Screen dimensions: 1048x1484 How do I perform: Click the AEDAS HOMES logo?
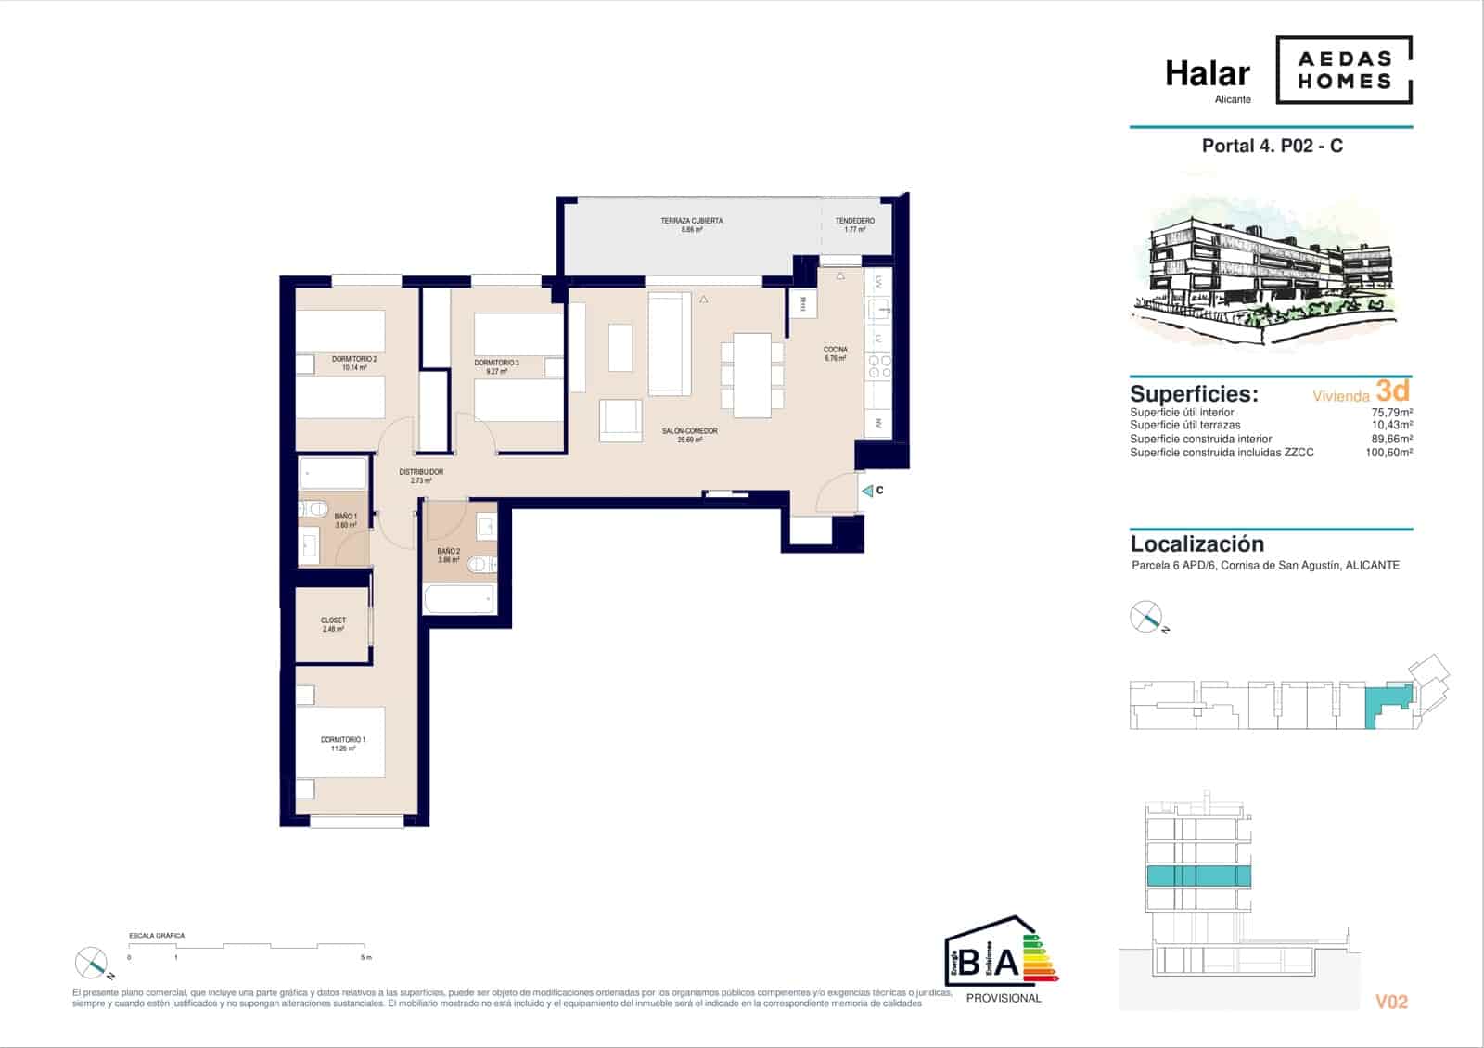(1344, 70)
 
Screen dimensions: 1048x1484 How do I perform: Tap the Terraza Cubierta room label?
(691, 224)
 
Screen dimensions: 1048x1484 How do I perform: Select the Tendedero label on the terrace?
(854, 224)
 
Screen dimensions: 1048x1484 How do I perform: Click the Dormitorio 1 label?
(342, 743)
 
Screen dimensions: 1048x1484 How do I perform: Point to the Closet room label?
(333, 624)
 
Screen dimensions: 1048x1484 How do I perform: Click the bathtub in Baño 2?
(460, 599)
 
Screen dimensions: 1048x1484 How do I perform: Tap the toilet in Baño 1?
(313, 508)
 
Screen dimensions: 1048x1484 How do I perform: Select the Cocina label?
(835, 353)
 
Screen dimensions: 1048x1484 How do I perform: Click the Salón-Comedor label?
(689, 435)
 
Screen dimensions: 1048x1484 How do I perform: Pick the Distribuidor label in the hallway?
(421, 476)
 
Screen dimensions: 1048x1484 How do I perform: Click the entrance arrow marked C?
(868, 491)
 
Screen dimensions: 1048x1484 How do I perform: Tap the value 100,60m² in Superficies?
(1388, 453)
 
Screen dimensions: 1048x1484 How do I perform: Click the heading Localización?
(1196, 544)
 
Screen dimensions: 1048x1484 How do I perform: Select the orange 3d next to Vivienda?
(1392, 390)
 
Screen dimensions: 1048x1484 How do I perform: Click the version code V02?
(1391, 1002)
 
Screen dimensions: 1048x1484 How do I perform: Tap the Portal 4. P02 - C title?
(1272, 146)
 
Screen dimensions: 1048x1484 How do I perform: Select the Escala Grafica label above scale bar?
(157, 936)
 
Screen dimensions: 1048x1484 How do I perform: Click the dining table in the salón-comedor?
(751, 375)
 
